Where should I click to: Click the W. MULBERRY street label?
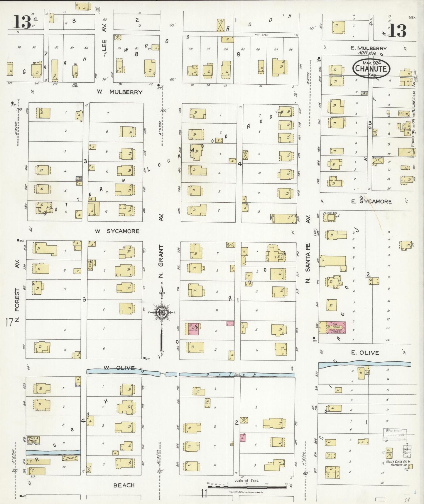pos(120,92)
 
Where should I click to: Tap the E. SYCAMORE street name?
pos(371,201)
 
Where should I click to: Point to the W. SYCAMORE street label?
pos(117,231)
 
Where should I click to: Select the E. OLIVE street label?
pos(365,353)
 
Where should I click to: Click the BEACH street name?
pos(124,485)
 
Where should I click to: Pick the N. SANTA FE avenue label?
pos(308,263)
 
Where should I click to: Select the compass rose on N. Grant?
pos(162,312)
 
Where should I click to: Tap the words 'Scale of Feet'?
pos(246,480)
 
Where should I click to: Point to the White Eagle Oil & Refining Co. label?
pos(396,464)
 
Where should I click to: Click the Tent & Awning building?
pos(33,440)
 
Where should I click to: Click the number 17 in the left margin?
pos(9,323)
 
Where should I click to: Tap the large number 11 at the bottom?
pos(204,493)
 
